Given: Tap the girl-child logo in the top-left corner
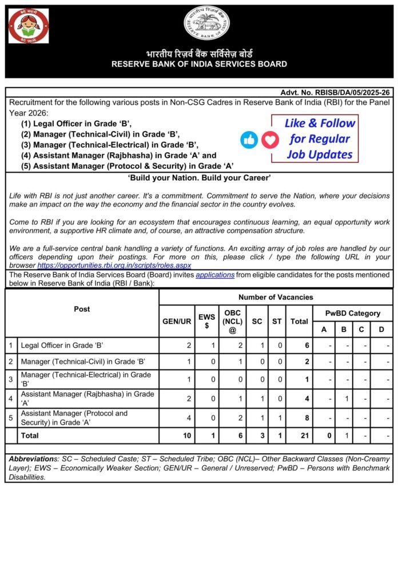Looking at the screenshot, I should click(x=28, y=26).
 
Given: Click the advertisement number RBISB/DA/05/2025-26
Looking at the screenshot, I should click(x=335, y=92).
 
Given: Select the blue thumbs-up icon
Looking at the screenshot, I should click(x=249, y=139).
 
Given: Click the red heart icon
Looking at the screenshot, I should click(x=270, y=139).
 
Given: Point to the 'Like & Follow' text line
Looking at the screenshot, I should click(x=320, y=123).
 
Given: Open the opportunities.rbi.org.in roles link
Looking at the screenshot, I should click(x=114, y=265).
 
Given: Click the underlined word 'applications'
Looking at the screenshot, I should click(x=214, y=275).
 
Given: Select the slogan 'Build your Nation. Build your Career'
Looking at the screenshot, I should click(x=199, y=178).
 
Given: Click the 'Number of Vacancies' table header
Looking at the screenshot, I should click(x=276, y=297).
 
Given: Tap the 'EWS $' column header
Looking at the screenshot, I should click(x=206, y=321).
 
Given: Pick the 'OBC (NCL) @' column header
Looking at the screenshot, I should click(x=233, y=321).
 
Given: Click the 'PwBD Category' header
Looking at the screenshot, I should click(x=352, y=313).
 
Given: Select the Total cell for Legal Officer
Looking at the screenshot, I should click(x=299, y=346).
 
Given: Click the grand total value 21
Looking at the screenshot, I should click(x=299, y=435).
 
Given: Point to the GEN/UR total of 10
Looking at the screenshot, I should click(x=177, y=435).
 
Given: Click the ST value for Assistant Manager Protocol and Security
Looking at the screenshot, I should click(x=277, y=417).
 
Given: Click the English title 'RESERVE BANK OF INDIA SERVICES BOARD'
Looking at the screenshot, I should click(x=199, y=64).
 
